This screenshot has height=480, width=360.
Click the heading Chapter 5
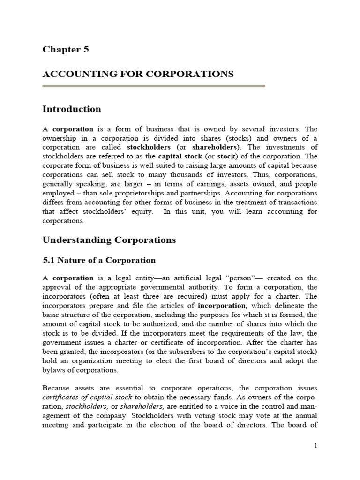pos(66,49)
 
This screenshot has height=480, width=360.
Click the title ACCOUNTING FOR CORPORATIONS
pos(138,74)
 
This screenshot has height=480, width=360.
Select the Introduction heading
pos(72,109)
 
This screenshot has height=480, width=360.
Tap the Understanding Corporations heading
pos(109,240)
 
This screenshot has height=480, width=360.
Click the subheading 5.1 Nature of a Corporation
pos(99,260)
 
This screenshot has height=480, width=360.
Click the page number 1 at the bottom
pos(315,446)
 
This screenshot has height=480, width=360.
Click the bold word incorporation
pos(220,306)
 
